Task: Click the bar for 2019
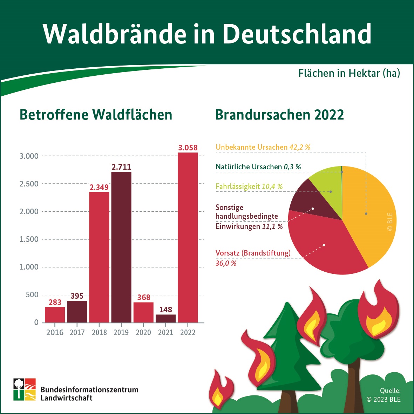click(121, 247)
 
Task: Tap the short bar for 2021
click(165, 318)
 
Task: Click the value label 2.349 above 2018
click(99, 187)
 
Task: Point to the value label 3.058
click(188, 148)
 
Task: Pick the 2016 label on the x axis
click(55, 332)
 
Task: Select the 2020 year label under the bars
click(143, 332)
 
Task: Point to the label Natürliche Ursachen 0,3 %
click(258, 167)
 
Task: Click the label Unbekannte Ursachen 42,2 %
click(263, 147)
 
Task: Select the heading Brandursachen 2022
click(279, 115)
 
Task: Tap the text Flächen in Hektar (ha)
click(349, 73)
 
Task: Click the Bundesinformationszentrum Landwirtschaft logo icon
click(25, 389)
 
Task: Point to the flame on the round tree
click(378, 312)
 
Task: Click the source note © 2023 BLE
click(383, 399)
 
